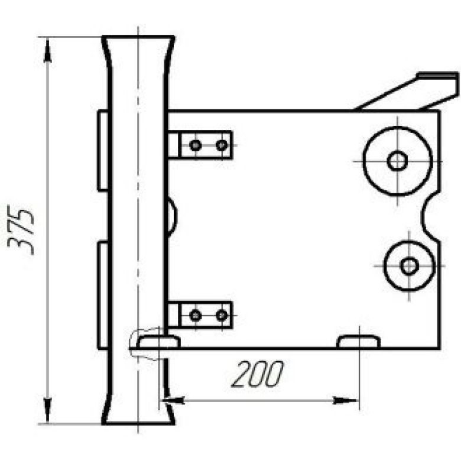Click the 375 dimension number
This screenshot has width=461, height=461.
click(21, 230)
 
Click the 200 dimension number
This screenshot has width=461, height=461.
click(258, 374)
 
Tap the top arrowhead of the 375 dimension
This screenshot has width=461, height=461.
click(47, 51)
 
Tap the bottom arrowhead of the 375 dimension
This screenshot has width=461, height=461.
click(47, 409)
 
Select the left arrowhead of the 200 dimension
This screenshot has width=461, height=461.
click(173, 400)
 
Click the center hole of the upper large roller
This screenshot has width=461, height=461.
click(397, 161)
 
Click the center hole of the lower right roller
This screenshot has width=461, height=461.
click(409, 266)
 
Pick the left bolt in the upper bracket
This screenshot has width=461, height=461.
click(196, 145)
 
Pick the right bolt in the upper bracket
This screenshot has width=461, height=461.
click(222, 145)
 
